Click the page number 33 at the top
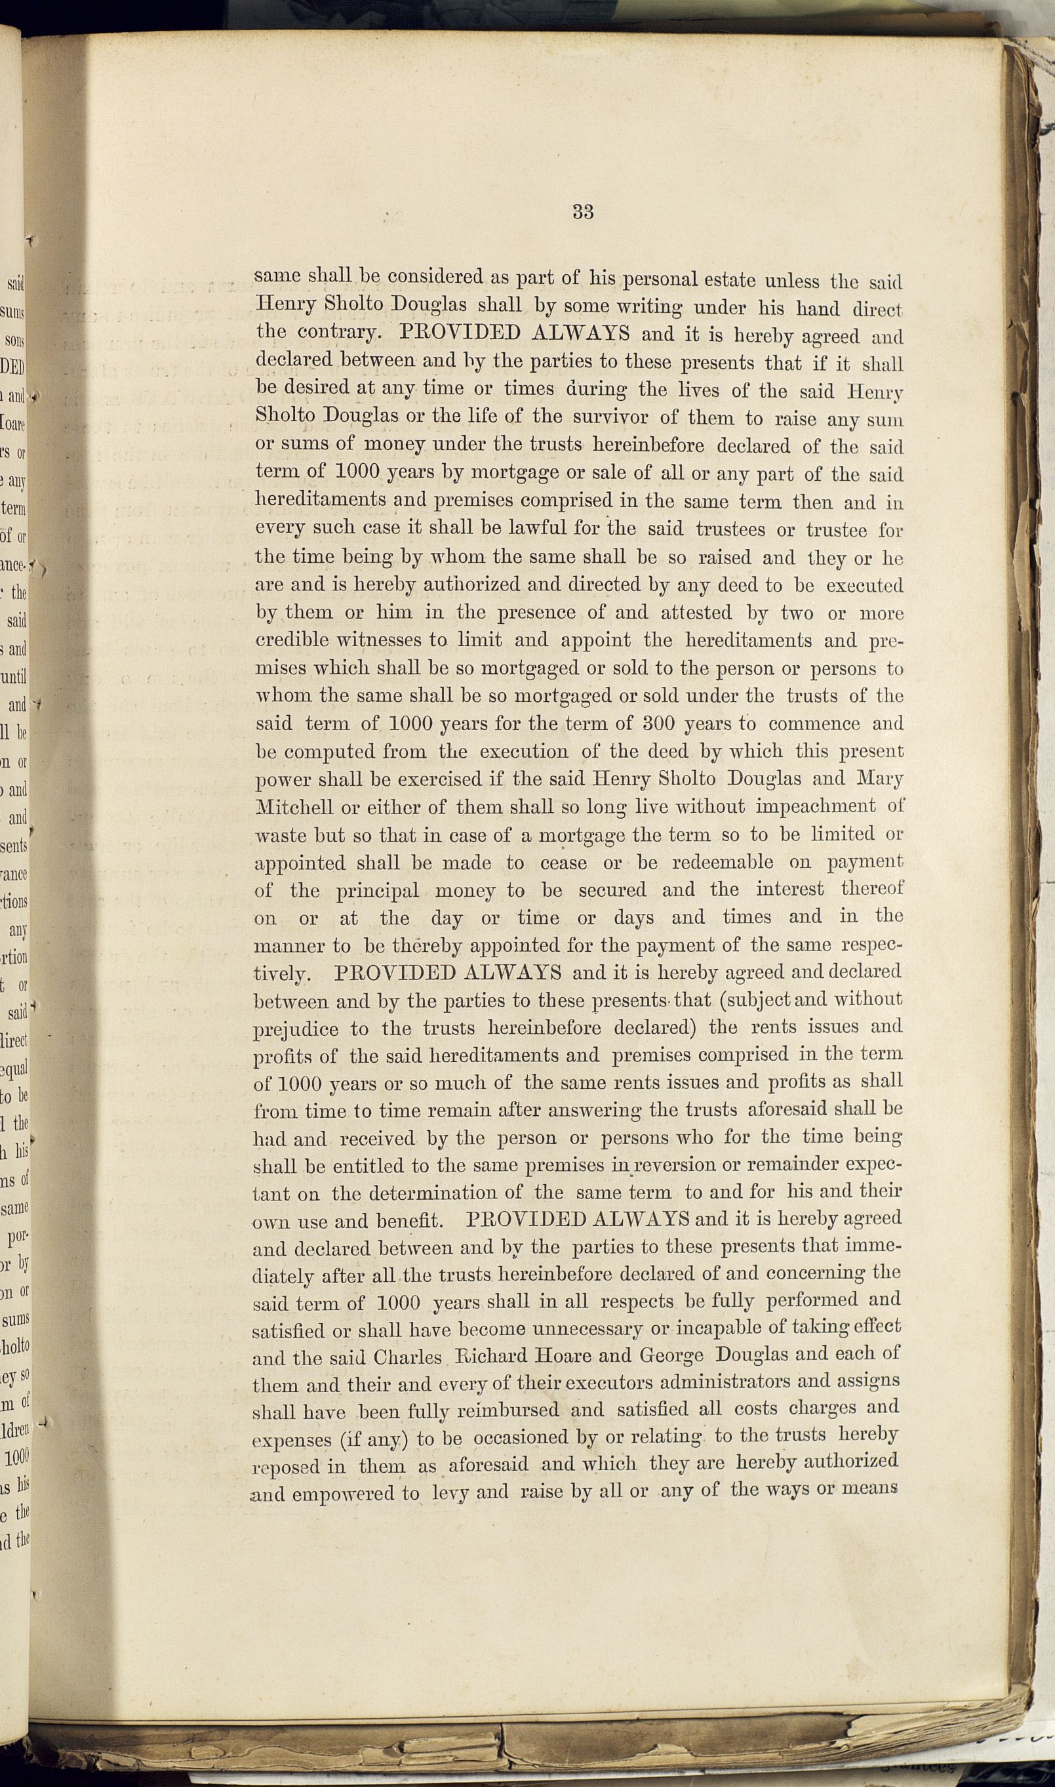click(582, 212)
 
